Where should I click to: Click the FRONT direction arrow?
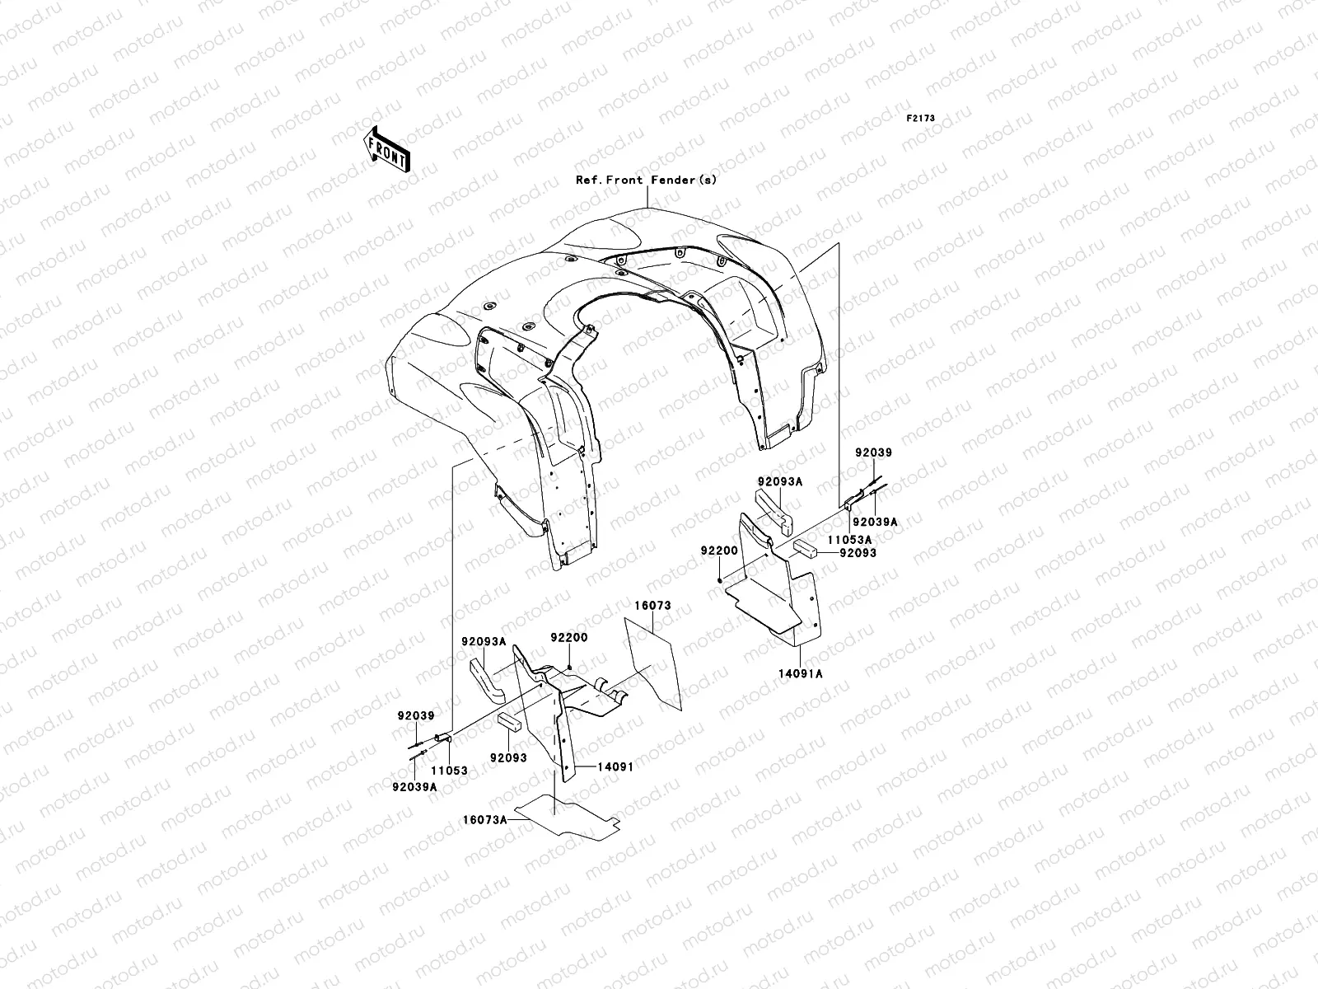386,149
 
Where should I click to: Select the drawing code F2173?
920,119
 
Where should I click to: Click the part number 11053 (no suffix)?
449,771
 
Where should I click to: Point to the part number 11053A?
849,540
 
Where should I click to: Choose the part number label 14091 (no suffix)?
615,766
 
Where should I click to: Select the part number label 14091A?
801,673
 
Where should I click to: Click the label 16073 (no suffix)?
652,605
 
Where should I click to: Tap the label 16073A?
484,820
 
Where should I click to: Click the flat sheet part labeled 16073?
652,664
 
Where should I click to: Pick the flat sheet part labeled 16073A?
568,818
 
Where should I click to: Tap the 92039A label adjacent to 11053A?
875,522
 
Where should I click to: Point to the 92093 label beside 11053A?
858,552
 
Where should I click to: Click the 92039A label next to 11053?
415,786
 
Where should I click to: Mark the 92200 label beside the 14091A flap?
719,551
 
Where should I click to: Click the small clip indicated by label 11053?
442,738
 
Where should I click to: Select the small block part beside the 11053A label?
806,549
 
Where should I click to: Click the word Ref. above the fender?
588,180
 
